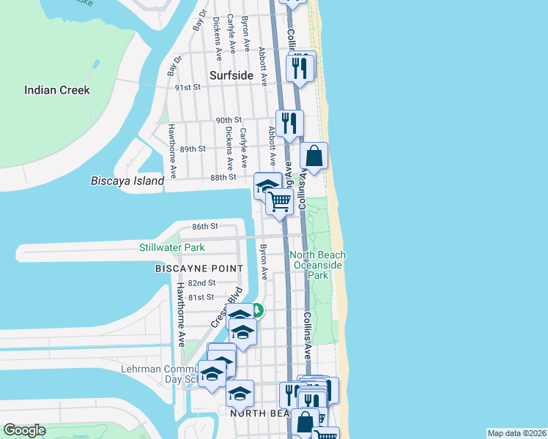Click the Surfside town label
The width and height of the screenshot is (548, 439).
(x=231, y=75)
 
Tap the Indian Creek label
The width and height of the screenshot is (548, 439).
(x=57, y=90)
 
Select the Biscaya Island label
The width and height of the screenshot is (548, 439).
(x=127, y=181)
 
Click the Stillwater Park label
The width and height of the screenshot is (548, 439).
(x=172, y=247)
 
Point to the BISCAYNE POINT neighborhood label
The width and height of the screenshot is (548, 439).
(x=199, y=269)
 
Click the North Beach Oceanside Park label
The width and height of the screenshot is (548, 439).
(x=318, y=265)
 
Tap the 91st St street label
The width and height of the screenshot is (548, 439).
(x=188, y=87)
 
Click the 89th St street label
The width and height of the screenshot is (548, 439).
(x=193, y=149)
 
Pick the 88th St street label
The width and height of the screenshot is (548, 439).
(x=223, y=177)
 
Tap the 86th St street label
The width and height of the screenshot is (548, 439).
(x=204, y=227)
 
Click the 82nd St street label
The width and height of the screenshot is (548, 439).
(x=201, y=282)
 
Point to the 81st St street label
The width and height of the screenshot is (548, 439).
(x=200, y=297)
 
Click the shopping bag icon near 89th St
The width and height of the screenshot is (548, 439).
(x=314, y=156)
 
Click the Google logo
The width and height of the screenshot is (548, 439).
(x=23, y=430)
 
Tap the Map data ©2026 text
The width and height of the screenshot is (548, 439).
(x=516, y=433)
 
